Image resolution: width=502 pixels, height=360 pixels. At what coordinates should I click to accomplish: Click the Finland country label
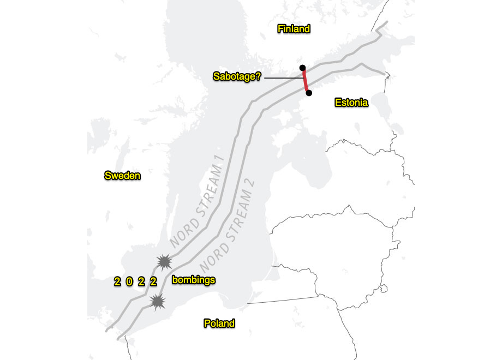click(x=294, y=29)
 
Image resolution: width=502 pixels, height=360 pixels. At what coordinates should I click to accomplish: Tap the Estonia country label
click(x=351, y=102)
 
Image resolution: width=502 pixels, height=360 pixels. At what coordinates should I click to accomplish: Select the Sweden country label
click(x=123, y=175)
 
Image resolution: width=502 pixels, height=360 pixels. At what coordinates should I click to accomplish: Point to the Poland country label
click(x=219, y=323)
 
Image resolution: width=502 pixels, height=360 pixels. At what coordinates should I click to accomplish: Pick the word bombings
click(x=194, y=280)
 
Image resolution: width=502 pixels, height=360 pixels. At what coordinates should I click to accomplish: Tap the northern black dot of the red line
click(x=303, y=68)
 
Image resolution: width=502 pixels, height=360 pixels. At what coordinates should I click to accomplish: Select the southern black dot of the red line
click(x=309, y=93)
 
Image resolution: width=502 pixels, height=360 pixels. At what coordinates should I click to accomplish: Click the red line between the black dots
click(x=306, y=81)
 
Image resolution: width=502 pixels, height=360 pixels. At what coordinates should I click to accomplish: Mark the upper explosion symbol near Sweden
click(x=163, y=262)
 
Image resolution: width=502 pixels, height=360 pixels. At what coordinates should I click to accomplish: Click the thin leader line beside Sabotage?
click(x=283, y=78)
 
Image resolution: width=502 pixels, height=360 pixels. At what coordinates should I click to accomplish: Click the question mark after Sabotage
click(x=259, y=77)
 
